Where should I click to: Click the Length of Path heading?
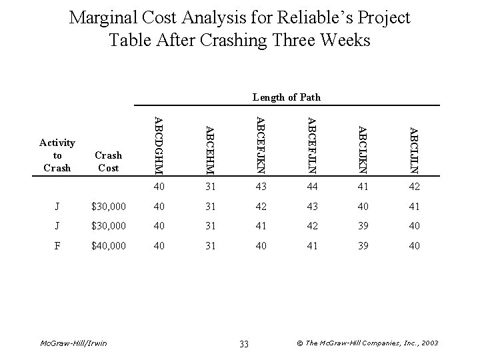pyautogui.click(x=286, y=97)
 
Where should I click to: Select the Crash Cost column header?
pyautogui.click(x=108, y=161)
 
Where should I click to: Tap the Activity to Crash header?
pyautogui.click(x=57, y=155)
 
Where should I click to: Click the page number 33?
pyautogui.click(x=243, y=343)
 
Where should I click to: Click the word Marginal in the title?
pyautogui.click(x=102, y=17)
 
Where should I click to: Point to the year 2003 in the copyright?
pyautogui.click(x=429, y=343)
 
